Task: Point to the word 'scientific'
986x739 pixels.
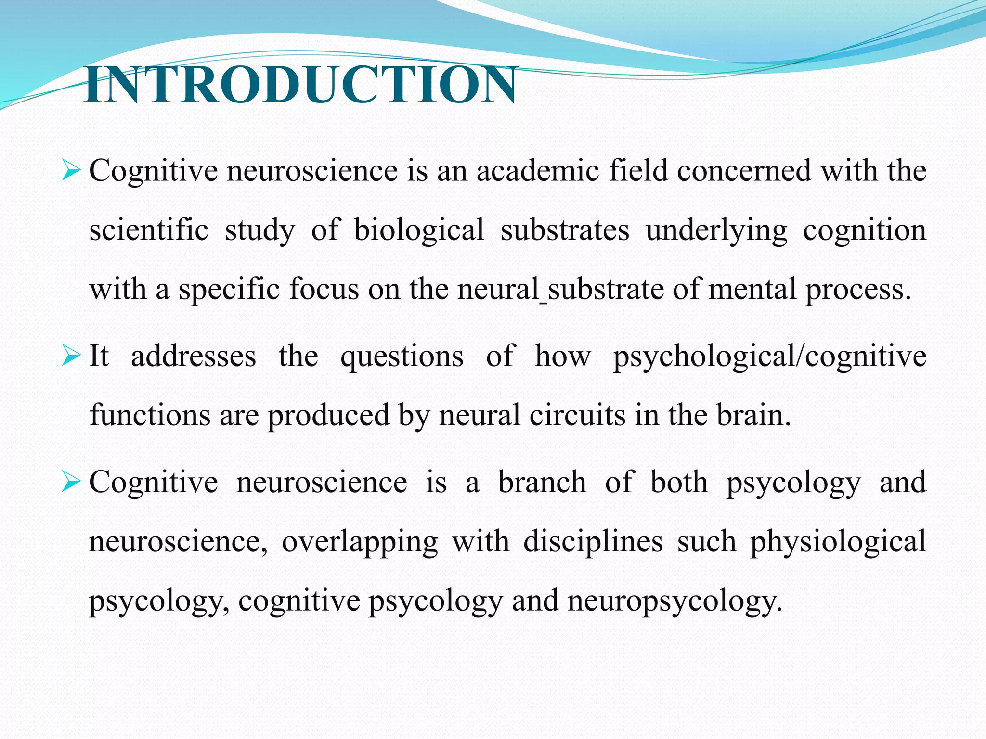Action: point(149,230)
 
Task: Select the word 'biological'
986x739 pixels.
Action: point(419,230)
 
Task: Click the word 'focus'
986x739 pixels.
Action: point(324,290)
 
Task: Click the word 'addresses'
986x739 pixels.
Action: point(194,357)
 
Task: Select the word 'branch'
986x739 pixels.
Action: point(542,482)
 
